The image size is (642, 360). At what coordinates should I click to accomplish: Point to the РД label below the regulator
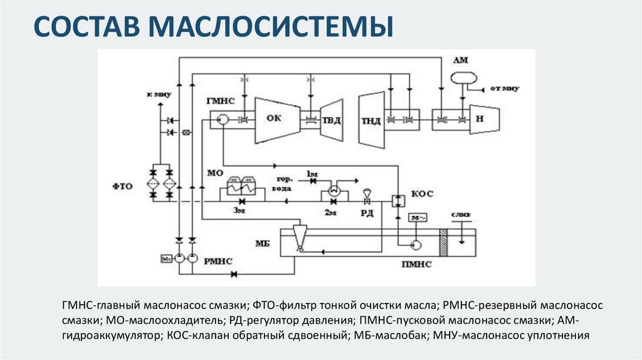point(367,214)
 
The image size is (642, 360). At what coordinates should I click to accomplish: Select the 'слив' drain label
point(460,214)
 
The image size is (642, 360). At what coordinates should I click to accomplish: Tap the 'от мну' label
point(505,88)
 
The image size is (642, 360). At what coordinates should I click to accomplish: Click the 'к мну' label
point(159,93)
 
